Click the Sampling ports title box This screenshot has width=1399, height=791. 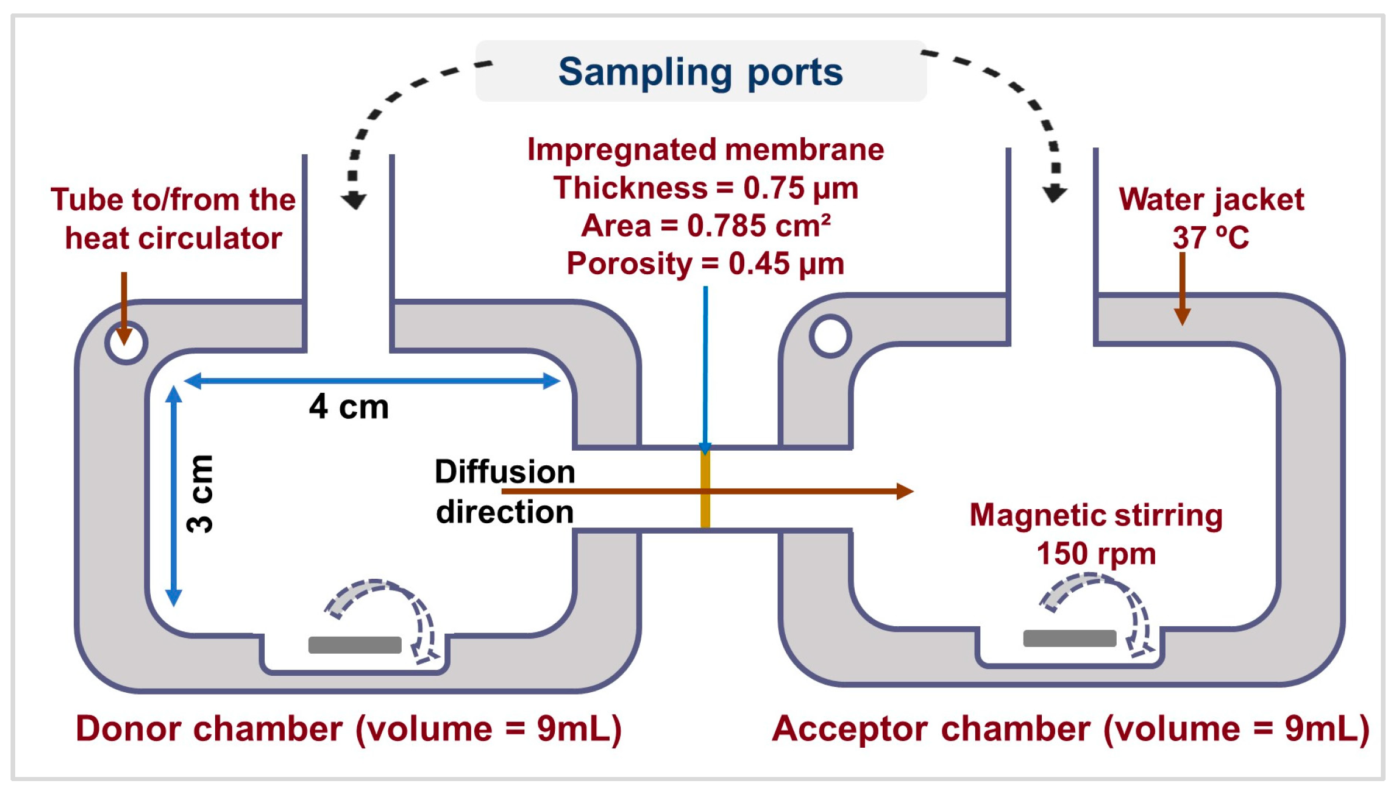pos(700,71)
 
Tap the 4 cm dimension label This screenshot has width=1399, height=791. pos(348,406)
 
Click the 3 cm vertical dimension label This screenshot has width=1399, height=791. pos(201,494)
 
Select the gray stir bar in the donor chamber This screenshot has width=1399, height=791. pos(355,645)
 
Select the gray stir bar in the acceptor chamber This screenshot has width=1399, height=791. pos(1069,638)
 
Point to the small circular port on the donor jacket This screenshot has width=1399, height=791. pos(126,343)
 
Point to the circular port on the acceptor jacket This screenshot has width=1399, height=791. pos(830,336)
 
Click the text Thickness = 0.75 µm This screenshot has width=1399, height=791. pos(706,188)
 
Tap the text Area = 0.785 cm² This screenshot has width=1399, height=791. pos(706,226)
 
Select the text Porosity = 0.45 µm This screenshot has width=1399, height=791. pos(706,264)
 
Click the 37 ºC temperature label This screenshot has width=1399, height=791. pos(1210,238)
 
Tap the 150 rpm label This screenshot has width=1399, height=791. pos(1096,553)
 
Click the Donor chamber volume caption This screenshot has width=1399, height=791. pos(348,729)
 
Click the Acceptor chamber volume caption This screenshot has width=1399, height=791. pos(1070,729)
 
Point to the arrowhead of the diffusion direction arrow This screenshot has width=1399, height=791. pos(904,491)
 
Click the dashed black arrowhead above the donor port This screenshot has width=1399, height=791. pos(354,201)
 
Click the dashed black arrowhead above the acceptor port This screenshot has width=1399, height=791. pos(1055,193)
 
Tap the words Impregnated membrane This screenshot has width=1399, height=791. pos(706,150)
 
